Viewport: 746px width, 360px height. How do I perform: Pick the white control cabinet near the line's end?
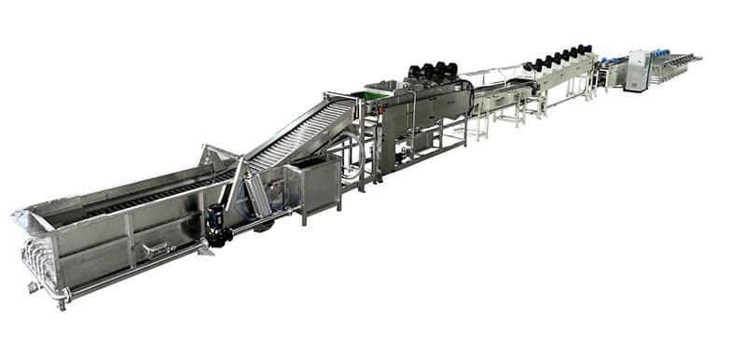(638, 71)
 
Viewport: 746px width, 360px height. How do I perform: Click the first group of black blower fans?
(432, 71)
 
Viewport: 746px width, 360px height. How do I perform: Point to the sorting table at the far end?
(676, 63)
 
